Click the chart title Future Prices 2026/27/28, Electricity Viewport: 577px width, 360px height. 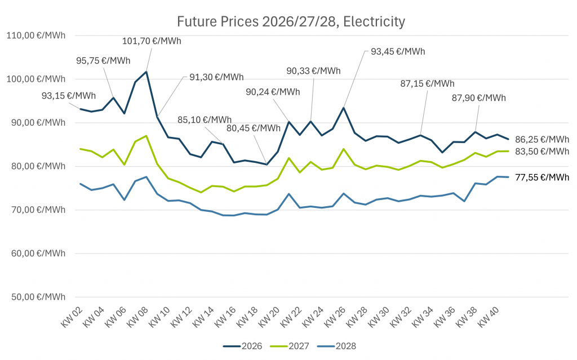[291, 22]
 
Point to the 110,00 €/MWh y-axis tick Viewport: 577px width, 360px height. [35, 35]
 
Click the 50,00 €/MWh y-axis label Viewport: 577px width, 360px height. [35, 297]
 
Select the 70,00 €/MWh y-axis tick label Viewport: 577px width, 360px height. [35, 210]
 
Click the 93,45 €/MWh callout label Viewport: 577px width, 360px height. [398, 52]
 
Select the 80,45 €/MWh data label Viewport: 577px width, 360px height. [254, 128]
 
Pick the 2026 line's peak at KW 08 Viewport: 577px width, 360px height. [146, 72]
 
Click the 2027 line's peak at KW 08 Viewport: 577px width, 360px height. [146, 136]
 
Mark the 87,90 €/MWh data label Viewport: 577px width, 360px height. [479, 97]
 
